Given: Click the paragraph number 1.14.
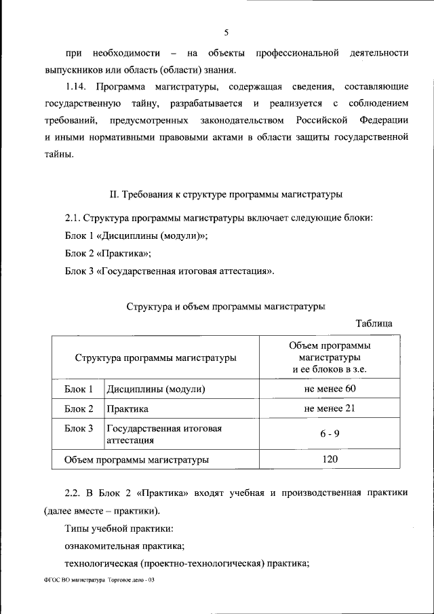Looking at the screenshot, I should (x=77, y=87).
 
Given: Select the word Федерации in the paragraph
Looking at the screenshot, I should (x=384, y=120).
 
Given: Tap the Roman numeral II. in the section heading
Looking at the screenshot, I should (x=114, y=195).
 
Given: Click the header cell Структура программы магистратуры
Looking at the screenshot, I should (x=156, y=358).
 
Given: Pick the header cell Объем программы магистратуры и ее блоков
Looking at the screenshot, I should (x=330, y=358).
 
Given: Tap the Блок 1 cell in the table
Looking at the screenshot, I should (x=79, y=389).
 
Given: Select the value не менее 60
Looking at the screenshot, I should (x=330, y=389).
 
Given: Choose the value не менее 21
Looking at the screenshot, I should (x=330, y=408).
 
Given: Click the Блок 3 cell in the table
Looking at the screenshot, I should (x=79, y=429).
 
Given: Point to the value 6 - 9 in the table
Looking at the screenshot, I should (x=330, y=434).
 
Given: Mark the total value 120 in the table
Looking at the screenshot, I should (x=330, y=459).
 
